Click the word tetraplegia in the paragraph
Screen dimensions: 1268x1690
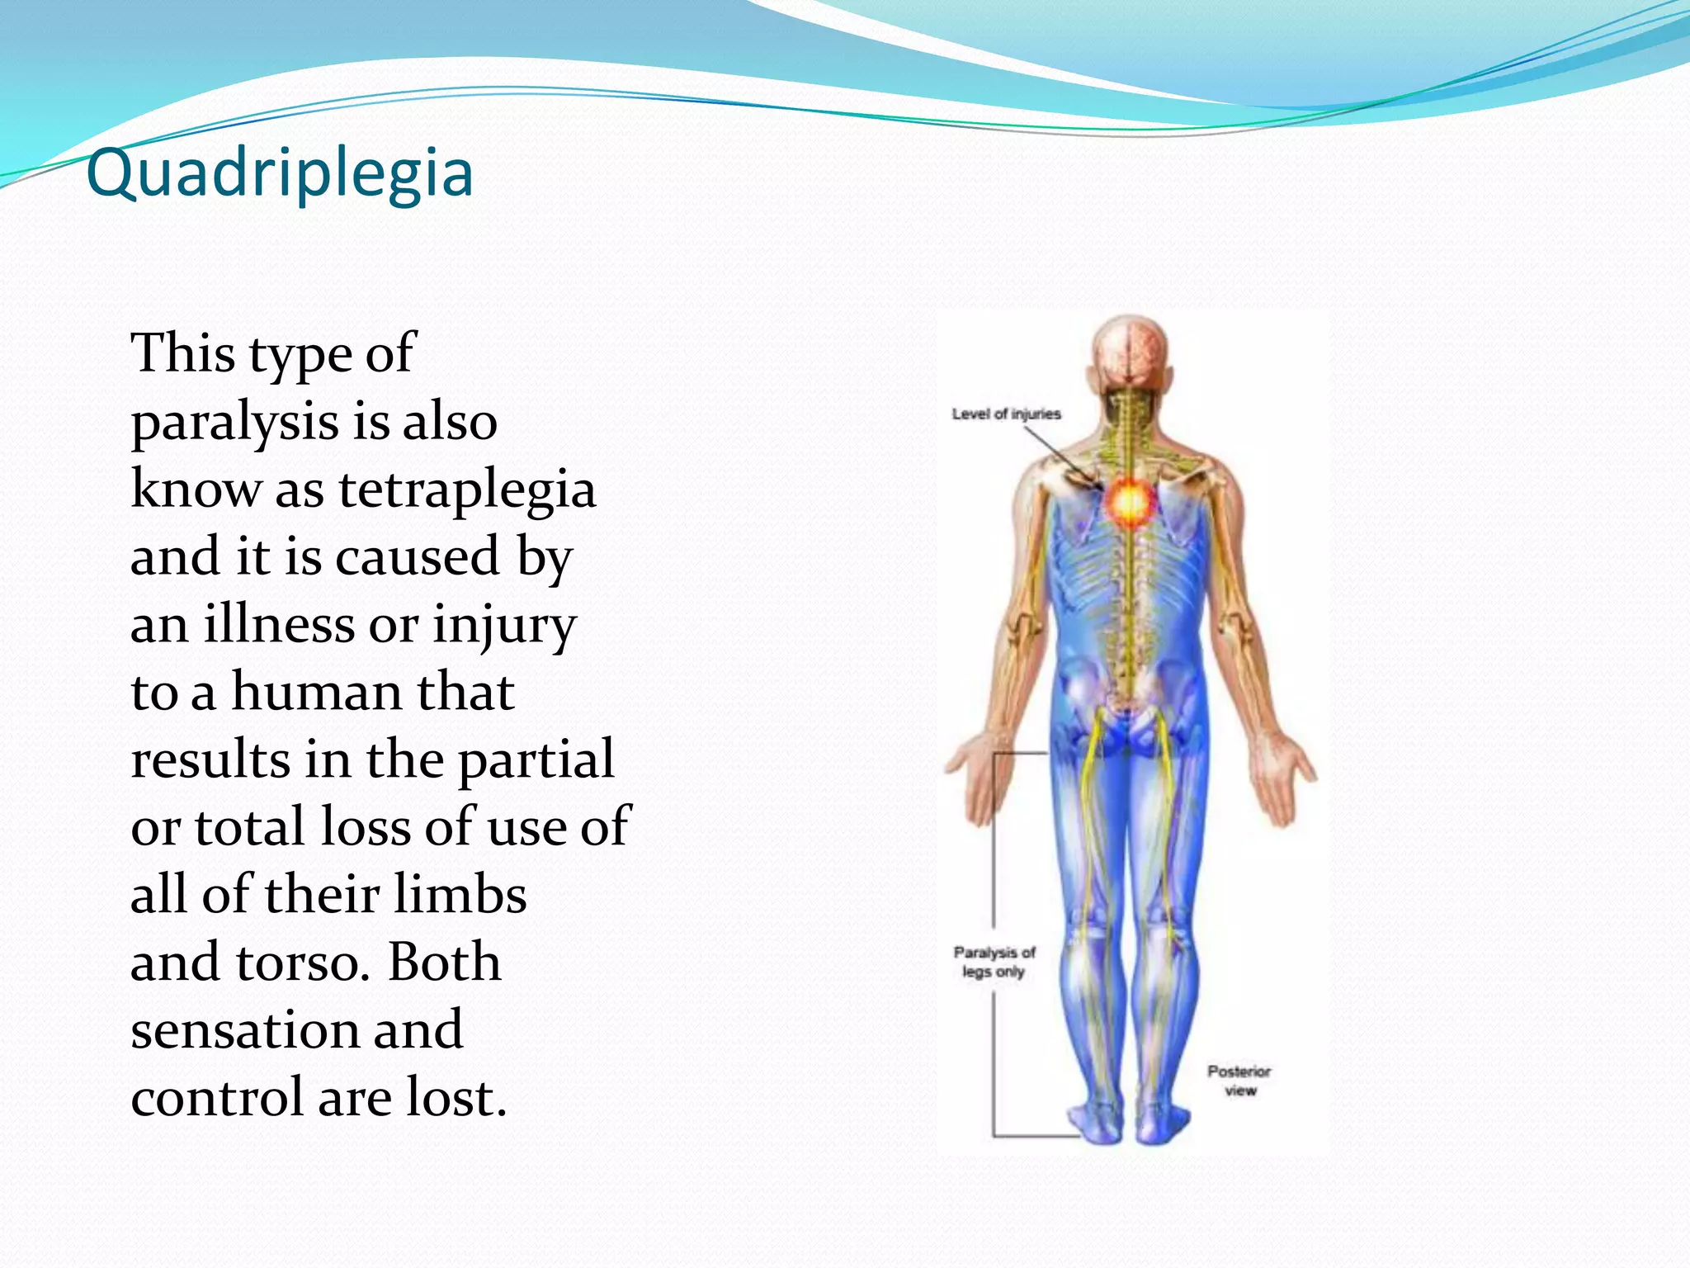467,489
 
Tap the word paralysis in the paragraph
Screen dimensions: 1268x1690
235,422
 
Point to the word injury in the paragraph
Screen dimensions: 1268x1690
504,625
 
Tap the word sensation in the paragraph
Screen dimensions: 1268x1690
243,1029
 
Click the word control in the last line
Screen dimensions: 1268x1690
217,1097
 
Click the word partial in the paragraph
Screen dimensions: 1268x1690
536,759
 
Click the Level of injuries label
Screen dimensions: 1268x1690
1006,414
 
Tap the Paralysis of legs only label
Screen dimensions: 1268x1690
994,962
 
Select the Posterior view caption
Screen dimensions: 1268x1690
1239,1081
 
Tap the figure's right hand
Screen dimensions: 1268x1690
1283,776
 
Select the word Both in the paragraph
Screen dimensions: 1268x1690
445,963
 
